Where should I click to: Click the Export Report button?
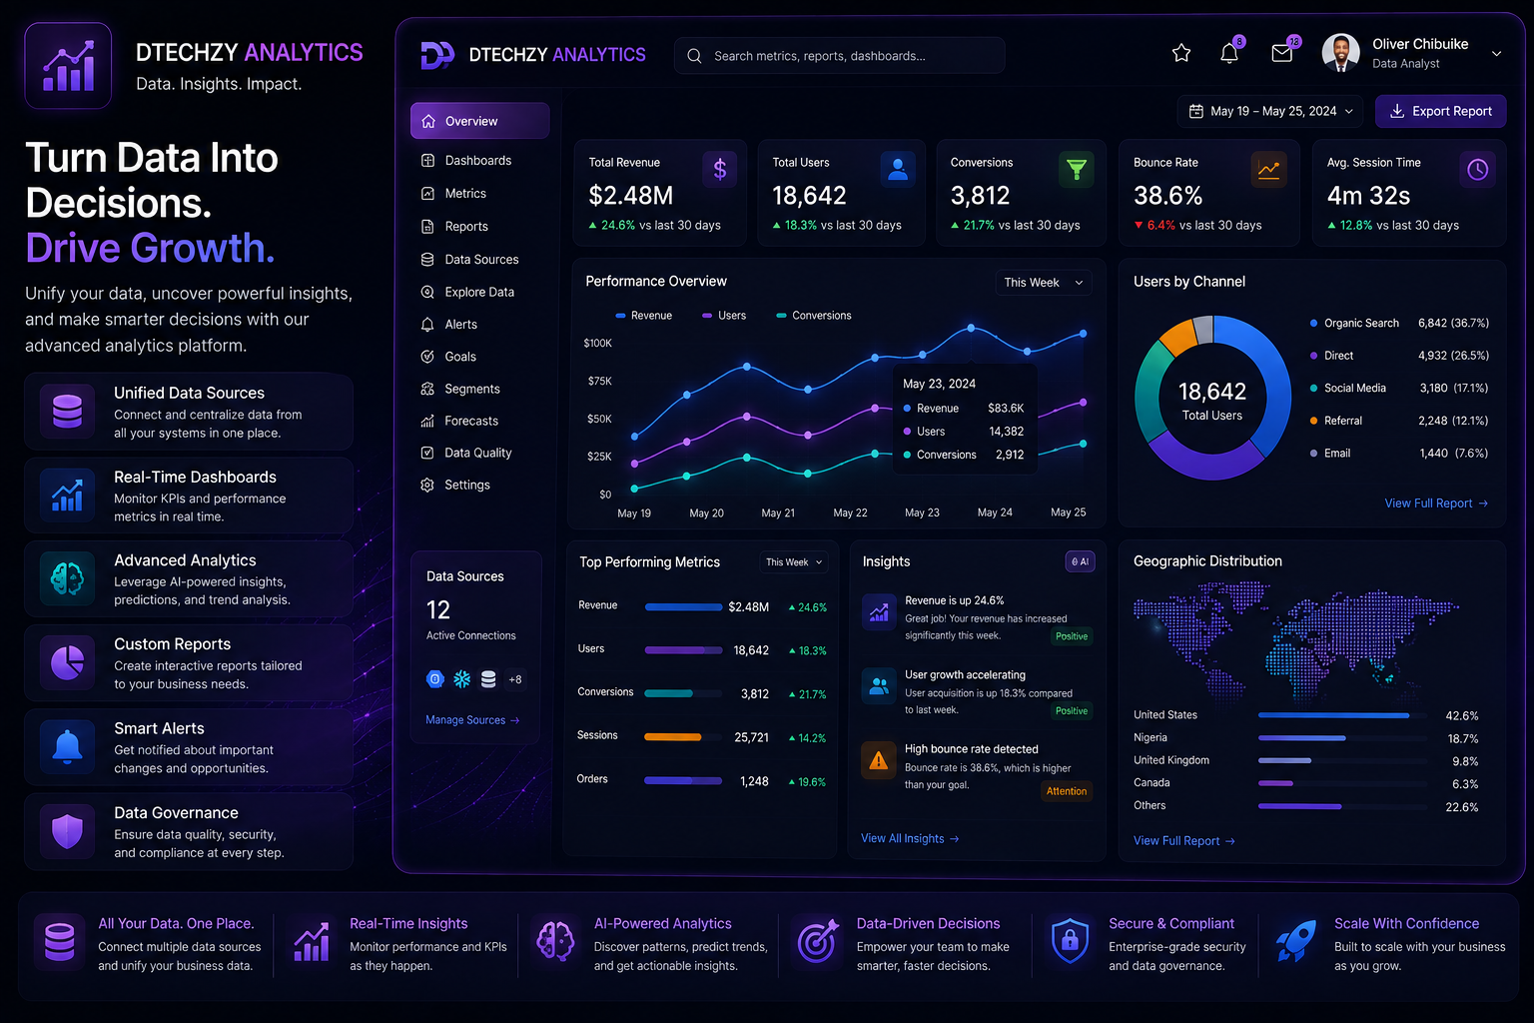coord(1440,111)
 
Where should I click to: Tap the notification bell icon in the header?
coord(1229,53)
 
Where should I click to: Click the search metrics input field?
coord(839,56)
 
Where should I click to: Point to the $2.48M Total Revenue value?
coord(631,195)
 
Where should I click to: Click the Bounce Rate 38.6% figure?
coord(1167,195)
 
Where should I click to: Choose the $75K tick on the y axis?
coord(600,381)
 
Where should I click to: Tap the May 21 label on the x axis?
coord(778,512)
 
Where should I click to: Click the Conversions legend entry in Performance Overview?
coord(814,315)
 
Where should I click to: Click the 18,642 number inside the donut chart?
coord(1212,392)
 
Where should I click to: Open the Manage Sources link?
coord(472,720)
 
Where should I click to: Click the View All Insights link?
coord(910,839)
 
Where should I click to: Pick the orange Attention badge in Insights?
coord(1067,791)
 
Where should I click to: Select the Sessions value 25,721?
coord(751,737)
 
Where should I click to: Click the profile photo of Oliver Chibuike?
coord(1340,53)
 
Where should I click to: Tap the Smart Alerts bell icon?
coord(67,747)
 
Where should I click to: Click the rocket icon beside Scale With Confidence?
coord(1296,941)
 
